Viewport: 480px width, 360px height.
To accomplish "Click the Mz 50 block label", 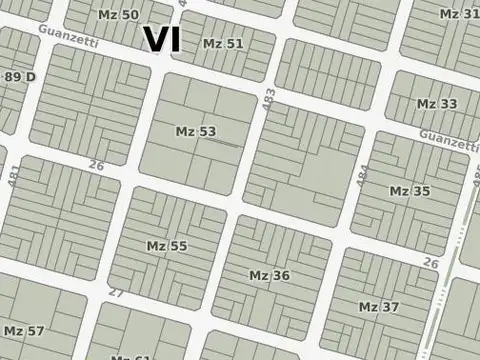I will coord(119,14).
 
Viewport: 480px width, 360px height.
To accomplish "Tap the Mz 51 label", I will coord(223,44).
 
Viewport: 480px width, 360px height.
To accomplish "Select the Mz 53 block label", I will coord(195,131).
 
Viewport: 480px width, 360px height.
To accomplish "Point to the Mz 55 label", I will coord(167,245).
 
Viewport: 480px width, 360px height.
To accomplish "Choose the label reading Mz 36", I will coord(269,275).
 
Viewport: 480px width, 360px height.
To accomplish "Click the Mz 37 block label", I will coord(378,306).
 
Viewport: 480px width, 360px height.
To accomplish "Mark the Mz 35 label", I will coord(409,191).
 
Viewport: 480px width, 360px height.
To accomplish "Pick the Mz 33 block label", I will coord(437,104).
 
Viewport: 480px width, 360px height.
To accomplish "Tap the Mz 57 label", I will coord(24,330).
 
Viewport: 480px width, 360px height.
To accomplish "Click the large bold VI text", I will coord(162,39).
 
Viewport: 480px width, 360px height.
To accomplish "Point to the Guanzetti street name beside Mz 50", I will coord(69,34).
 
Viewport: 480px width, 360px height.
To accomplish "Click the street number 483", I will coord(268,100).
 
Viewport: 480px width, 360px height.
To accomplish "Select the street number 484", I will coord(363,173).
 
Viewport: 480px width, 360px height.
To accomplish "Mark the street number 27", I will coord(116,293).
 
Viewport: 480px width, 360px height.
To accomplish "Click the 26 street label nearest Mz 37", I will coord(431,263).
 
